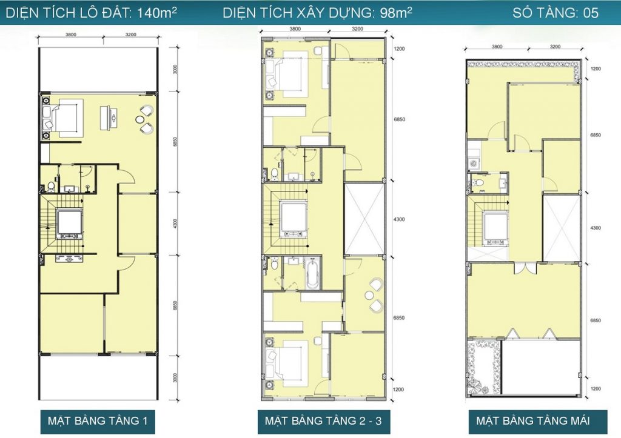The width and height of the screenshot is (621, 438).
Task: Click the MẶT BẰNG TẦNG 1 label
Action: pos(98,420)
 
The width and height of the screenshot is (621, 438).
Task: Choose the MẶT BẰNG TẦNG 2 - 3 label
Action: pos(323,420)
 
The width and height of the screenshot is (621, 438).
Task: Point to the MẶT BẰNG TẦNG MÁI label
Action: pos(532,420)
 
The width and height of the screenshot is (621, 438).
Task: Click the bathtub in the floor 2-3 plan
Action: pos(312,273)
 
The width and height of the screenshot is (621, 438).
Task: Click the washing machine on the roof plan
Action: pos(473,163)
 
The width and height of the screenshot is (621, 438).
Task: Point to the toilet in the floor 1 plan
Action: pos(51,185)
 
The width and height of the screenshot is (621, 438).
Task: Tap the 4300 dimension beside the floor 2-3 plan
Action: pos(399,219)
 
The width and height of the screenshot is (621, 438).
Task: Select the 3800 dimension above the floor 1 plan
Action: pos(71,35)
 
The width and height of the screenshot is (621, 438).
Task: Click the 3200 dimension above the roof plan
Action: pos(556,46)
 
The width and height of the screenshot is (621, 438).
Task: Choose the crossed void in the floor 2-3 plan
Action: pos(364,219)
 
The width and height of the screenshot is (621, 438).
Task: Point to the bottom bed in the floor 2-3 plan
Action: pos(292,359)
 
